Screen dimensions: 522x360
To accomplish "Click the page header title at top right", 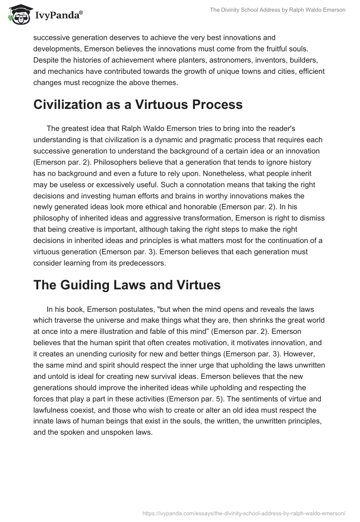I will click(x=277, y=10).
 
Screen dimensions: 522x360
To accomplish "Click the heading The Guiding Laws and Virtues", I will click(x=127, y=285).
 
